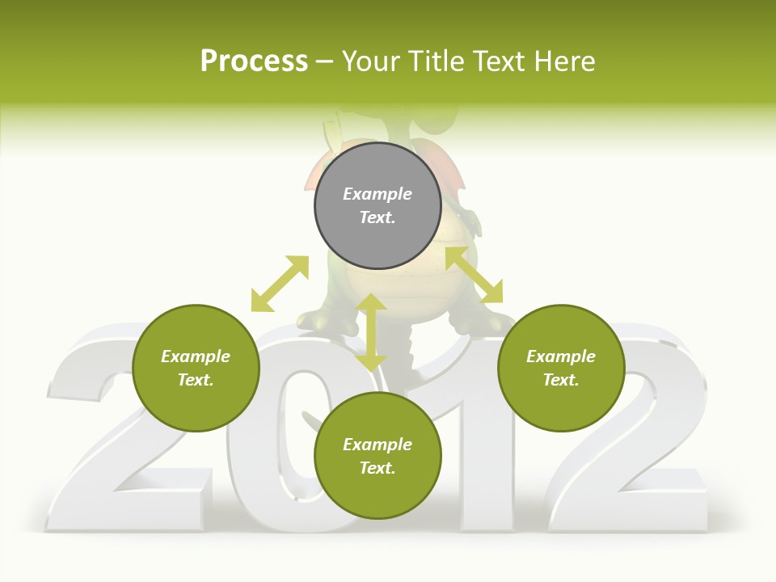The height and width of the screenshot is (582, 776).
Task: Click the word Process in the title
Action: [254, 61]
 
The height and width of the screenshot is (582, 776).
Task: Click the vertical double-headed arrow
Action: [372, 332]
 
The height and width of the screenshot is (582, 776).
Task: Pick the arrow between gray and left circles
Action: [280, 284]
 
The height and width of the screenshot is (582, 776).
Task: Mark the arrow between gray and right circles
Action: [474, 275]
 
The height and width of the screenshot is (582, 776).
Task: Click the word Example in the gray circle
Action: [377, 194]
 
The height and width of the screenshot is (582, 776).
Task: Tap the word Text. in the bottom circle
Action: [377, 468]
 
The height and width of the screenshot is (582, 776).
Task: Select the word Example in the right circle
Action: [561, 356]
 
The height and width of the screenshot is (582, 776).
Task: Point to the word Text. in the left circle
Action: [196, 380]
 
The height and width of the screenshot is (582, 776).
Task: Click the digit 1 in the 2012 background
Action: [477, 453]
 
